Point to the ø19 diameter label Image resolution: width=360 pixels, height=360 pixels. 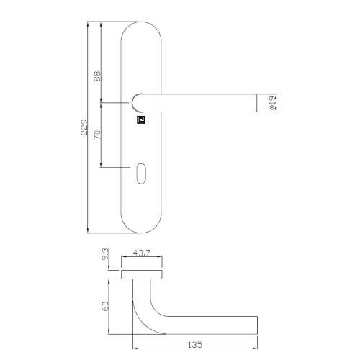coord(271,104)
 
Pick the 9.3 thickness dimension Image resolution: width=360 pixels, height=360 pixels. coord(106,254)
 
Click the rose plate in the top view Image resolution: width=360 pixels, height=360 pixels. coord(141,276)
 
